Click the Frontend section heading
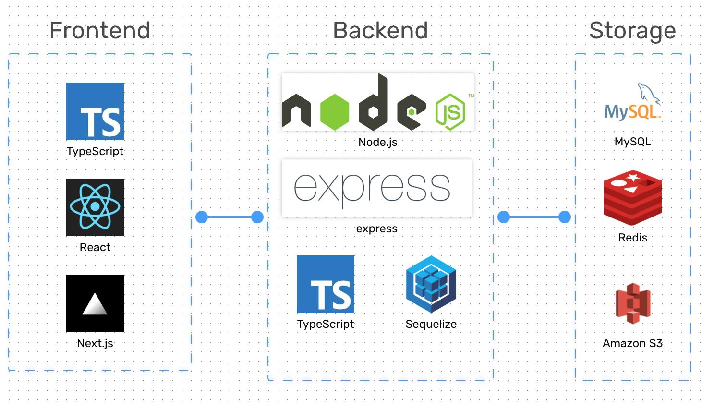click(x=99, y=31)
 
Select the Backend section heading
click(x=380, y=31)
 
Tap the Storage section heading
click(x=632, y=31)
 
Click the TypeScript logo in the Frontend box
click(x=95, y=111)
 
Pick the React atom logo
click(x=95, y=207)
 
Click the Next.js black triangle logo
click(x=95, y=303)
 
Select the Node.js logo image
click(x=377, y=102)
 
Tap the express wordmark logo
click(x=376, y=188)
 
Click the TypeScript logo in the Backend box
click(x=326, y=284)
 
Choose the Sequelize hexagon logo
click(x=431, y=284)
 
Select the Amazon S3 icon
click(x=632, y=303)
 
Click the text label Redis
click(x=632, y=238)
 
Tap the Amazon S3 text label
click(x=632, y=343)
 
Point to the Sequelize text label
click(x=431, y=324)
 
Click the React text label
click(x=95, y=247)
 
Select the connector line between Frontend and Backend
click(x=230, y=217)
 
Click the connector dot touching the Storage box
click(x=565, y=217)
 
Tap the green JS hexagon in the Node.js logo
click(x=450, y=112)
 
